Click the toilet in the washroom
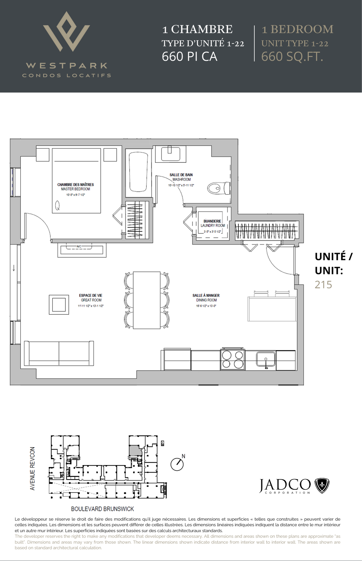point(219,188)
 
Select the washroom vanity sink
point(170,154)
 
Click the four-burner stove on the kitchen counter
point(232,360)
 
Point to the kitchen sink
point(266,360)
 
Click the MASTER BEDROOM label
point(76,189)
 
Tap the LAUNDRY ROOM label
point(213,226)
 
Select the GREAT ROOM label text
point(91,300)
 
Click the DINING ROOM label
point(206,300)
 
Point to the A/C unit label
point(79,247)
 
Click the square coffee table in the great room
point(59,305)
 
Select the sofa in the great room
point(59,353)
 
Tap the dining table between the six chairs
point(147,300)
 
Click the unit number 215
point(323,285)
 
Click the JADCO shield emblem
point(322,486)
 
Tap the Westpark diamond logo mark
point(66,31)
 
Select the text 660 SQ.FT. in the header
point(292,57)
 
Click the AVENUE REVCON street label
point(33,468)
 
